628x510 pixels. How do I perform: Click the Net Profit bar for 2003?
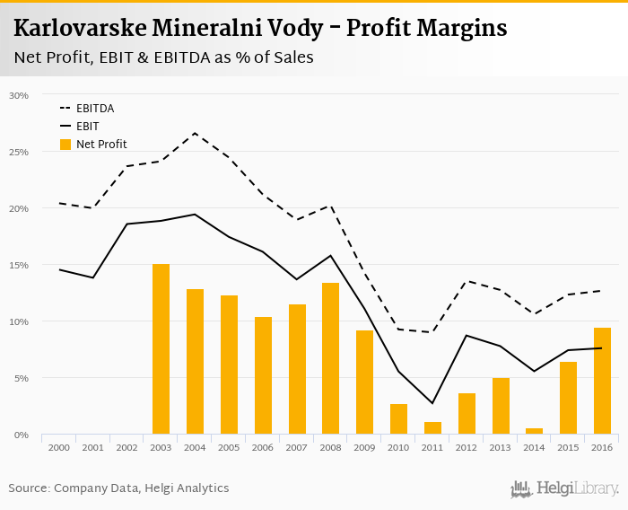click(x=161, y=349)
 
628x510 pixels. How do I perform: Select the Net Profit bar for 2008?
click(x=330, y=359)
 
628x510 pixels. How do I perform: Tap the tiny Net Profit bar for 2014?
click(x=534, y=431)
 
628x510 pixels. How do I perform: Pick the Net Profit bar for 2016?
click(x=602, y=381)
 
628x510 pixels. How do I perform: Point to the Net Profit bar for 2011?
click(x=432, y=428)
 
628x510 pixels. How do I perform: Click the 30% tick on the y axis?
click(x=18, y=95)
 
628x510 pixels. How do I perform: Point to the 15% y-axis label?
click(x=18, y=265)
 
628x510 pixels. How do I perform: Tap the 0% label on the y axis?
click(x=21, y=435)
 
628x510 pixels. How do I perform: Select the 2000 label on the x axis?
click(x=59, y=447)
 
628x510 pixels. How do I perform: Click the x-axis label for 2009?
click(x=364, y=447)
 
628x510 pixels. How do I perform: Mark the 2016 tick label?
click(x=602, y=447)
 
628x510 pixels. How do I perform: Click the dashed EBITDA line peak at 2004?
click(x=195, y=133)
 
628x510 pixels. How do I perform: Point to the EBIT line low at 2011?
click(x=432, y=403)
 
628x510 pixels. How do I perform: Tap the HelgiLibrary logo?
click(x=565, y=489)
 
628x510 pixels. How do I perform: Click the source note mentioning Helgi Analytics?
click(x=118, y=488)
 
